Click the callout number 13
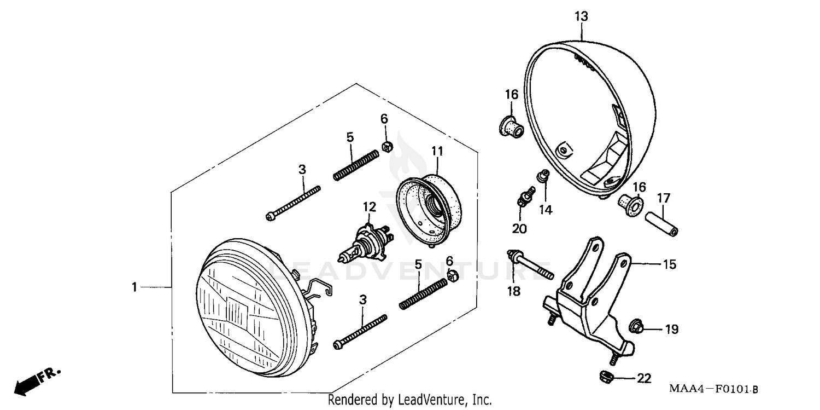pos(581,17)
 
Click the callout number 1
pos(134,287)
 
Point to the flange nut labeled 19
pos(636,327)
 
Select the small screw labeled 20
pos(524,198)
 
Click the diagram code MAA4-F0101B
pos(713,389)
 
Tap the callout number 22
pos(645,379)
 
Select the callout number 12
pos(370,207)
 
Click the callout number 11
pos(437,150)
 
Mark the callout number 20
pos(519,229)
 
